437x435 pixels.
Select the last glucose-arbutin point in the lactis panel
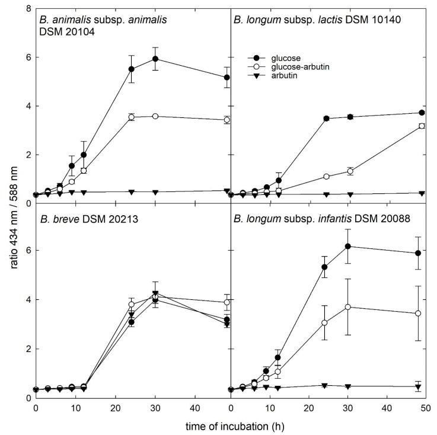[x=422, y=126]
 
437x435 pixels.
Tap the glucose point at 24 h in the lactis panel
[x=326, y=119]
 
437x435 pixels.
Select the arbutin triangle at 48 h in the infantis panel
[x=418, y=386]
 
